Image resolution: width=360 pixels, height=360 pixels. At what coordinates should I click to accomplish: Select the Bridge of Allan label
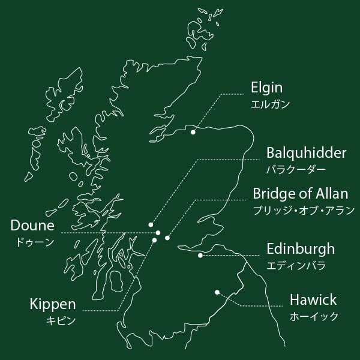(x=300, y=194)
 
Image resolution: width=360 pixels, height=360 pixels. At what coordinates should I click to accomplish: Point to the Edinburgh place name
(x=301, y=249)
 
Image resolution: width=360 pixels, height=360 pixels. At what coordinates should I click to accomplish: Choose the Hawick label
(x=313, y=299)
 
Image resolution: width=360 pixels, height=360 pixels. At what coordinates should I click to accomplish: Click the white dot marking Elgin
(x=193, y=132)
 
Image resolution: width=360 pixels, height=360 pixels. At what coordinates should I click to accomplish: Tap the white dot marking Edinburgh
(x=200, y=255)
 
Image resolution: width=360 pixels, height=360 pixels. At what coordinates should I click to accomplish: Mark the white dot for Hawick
(x=217, y=292)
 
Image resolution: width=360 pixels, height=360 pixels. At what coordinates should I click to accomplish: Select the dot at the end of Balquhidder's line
(x=151, y=225)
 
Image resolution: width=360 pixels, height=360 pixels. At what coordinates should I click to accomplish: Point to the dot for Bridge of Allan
(x=167, y=238)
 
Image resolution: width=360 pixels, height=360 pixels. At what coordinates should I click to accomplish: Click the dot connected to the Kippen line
(x=154, y=240)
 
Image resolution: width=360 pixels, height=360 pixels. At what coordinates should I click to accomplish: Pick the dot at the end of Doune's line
(x=158, y=233)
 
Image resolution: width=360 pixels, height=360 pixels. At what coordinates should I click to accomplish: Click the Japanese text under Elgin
(x=270, y=104)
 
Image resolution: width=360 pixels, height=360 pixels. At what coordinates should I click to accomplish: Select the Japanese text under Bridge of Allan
(x=304, y=211)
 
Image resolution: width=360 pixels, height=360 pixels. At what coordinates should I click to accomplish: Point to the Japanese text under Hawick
(x=314, y=316)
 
